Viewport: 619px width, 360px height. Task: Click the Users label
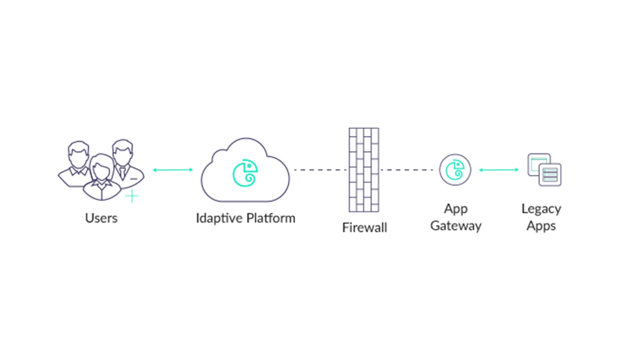101,218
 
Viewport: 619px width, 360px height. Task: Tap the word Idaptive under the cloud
219,218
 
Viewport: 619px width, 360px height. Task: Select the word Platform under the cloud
271,218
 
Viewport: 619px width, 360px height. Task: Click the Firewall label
364,228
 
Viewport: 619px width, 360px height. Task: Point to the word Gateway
456,226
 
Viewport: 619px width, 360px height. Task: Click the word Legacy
541,210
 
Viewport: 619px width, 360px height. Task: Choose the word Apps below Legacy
541,226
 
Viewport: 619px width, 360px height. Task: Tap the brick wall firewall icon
364,170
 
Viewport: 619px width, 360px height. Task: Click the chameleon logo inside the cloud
245,173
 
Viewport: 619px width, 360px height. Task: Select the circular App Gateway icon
455,170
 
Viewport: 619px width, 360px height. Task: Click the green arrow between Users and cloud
173,170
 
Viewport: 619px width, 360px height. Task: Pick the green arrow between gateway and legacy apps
499,170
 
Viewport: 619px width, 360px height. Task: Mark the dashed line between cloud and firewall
320,170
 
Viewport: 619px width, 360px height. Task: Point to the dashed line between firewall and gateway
407,170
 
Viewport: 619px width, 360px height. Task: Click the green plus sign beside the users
132,196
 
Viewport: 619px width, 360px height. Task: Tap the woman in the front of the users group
102,178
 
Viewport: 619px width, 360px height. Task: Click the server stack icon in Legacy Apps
550,174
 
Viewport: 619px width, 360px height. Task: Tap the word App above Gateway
456,210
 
